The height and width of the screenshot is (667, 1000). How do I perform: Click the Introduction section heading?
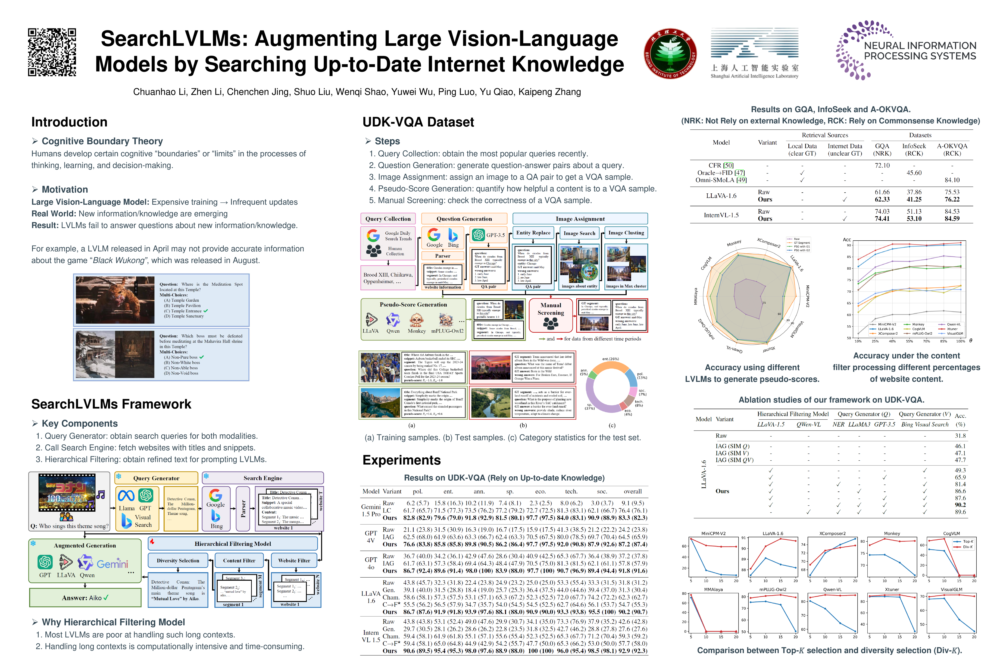[x=69, y=122]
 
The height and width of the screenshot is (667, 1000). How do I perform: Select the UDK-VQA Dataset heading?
[x=418, y=122]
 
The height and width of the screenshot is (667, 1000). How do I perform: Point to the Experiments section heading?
[x=401, y=460]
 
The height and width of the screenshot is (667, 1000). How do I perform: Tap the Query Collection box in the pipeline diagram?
[x=388, y=219]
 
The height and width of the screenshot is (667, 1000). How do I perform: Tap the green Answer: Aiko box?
[x=85, y=598]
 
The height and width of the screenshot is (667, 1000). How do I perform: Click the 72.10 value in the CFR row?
[x=882, y=165]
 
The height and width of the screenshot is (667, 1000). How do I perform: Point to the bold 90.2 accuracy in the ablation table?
[x=960, y=505]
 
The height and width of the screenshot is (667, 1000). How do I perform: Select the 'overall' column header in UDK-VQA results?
[x=633, y=491]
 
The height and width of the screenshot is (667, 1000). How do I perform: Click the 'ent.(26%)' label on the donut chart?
[x=611, y=359]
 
